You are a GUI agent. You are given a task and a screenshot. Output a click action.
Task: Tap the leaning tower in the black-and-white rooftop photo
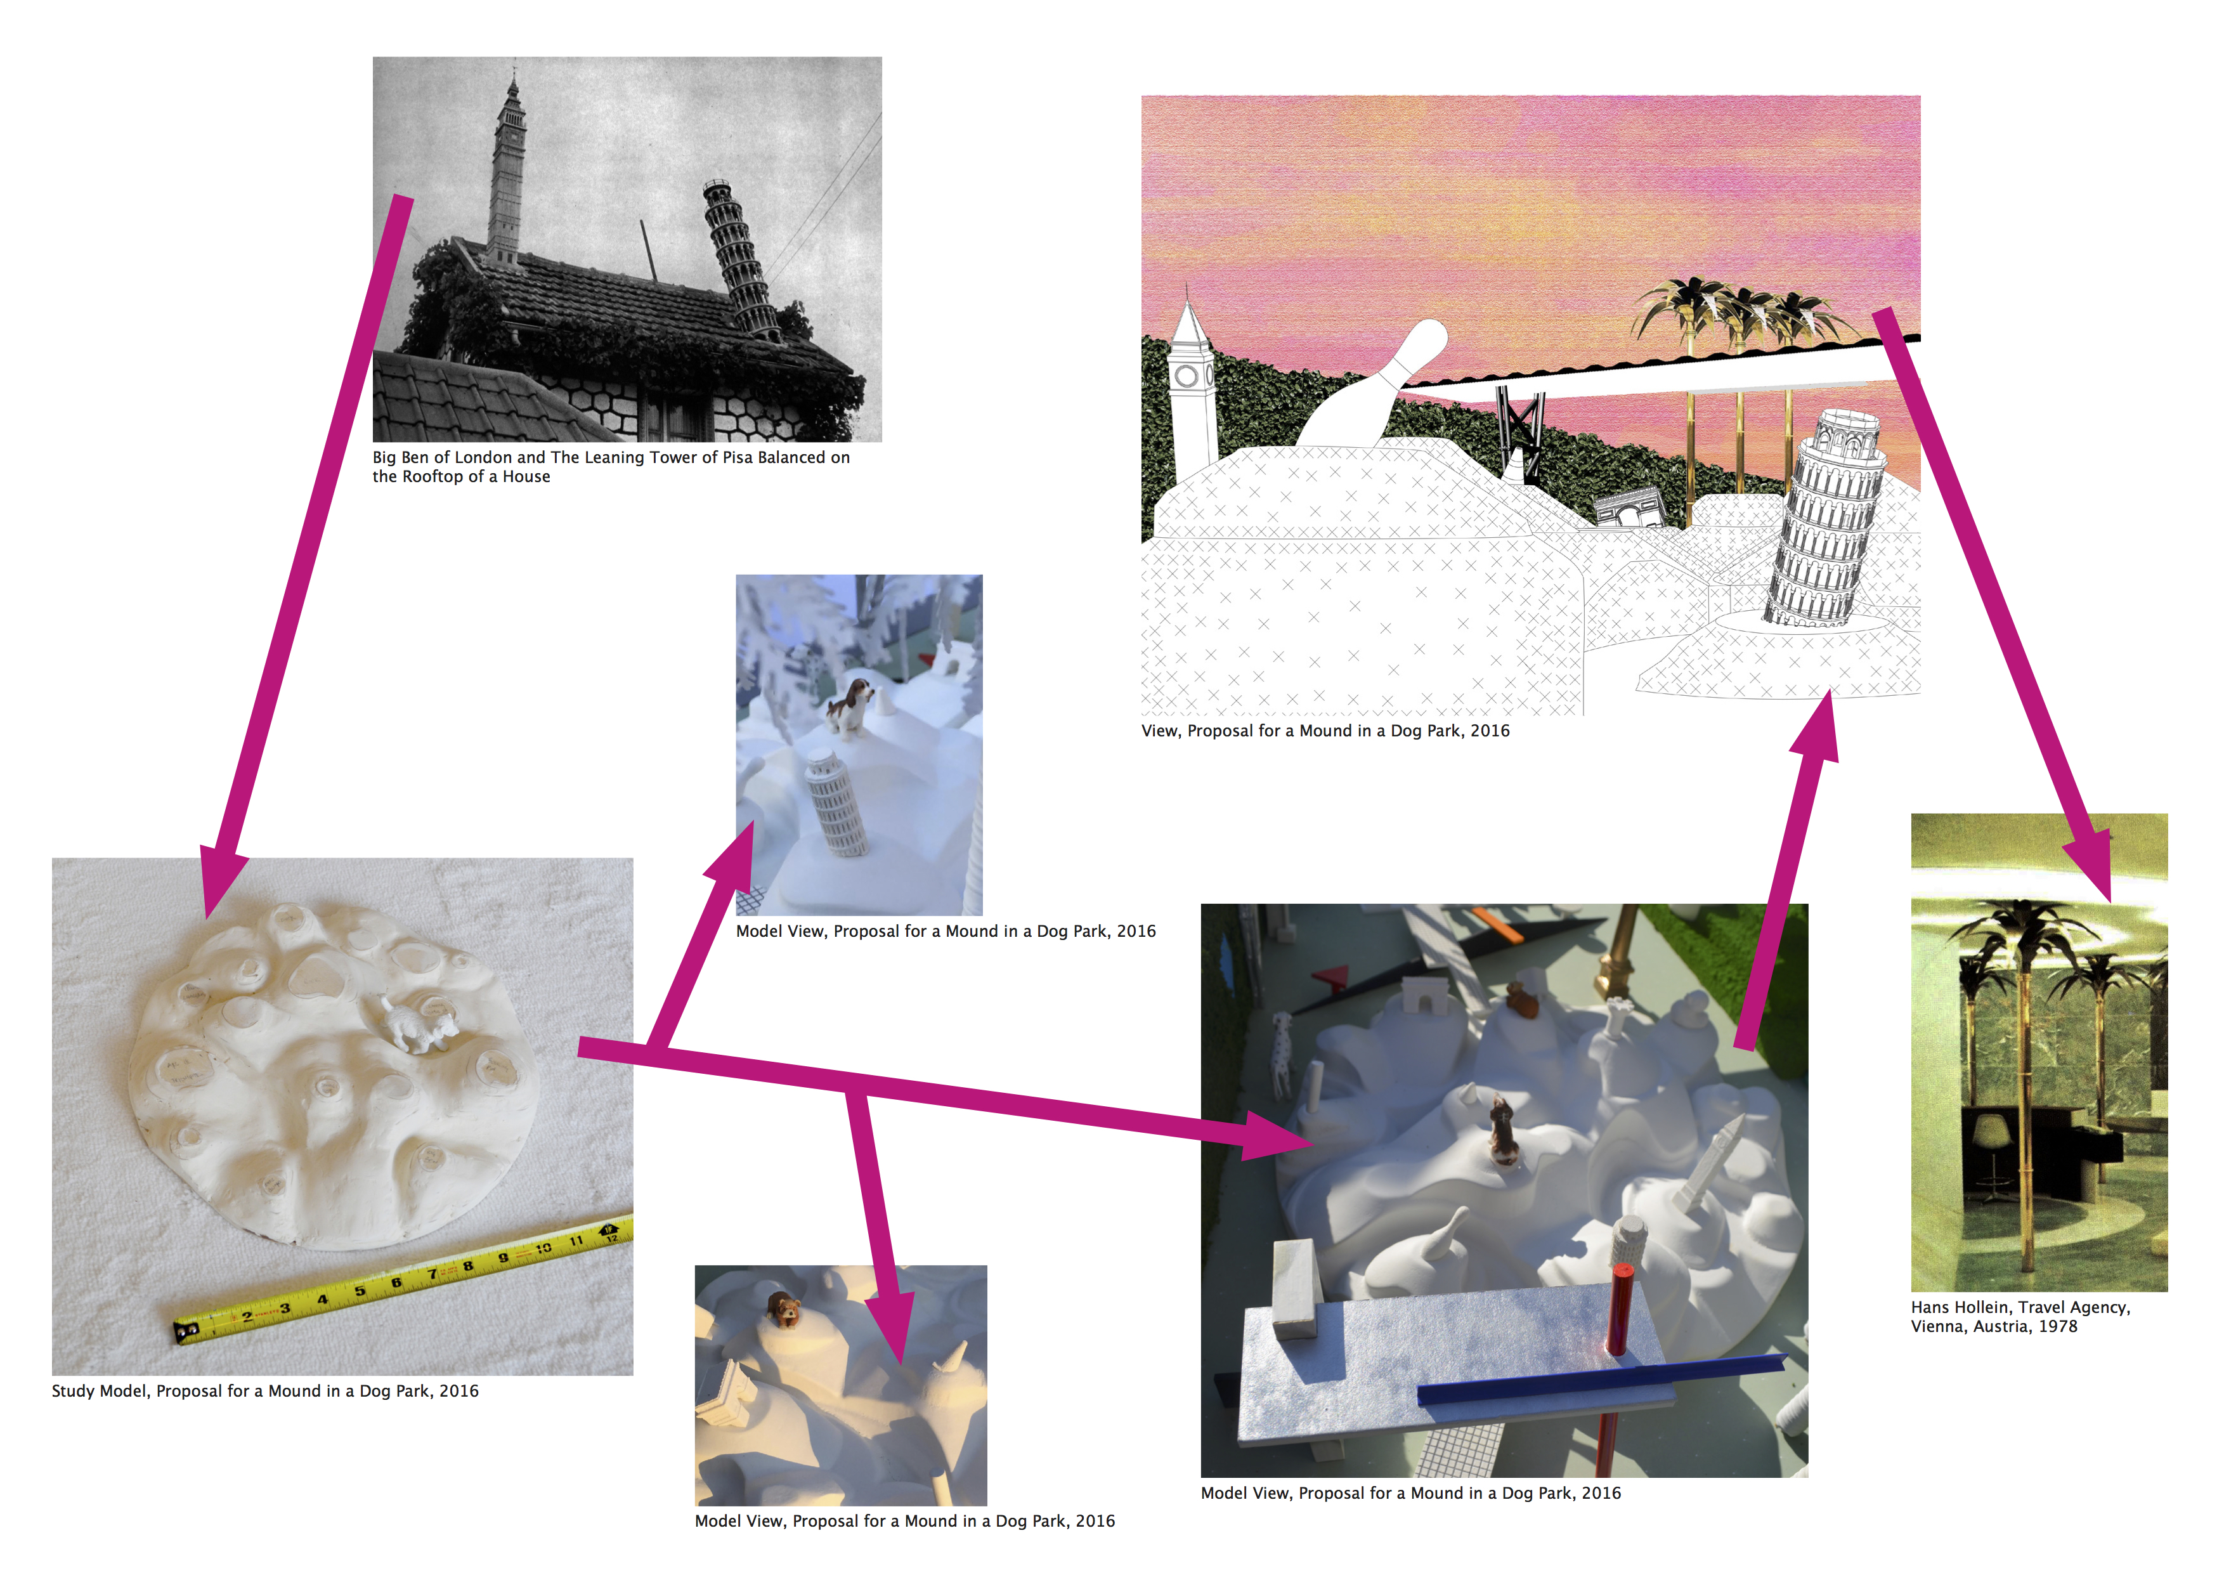point(741,259)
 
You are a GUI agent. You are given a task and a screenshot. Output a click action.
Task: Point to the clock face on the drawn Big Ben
point(1187,376)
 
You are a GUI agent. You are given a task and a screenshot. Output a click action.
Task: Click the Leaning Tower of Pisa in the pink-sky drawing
point(1824,518)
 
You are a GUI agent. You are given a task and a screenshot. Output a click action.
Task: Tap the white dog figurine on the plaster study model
point(419,1027)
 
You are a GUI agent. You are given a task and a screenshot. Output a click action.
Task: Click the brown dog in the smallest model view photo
point(783,1310)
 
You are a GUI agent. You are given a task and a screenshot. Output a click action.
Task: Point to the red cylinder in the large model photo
point(1620,1308)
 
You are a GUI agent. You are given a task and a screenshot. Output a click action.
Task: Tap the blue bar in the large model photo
point(1600,1380)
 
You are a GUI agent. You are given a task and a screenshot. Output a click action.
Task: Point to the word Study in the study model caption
point(74,1392)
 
